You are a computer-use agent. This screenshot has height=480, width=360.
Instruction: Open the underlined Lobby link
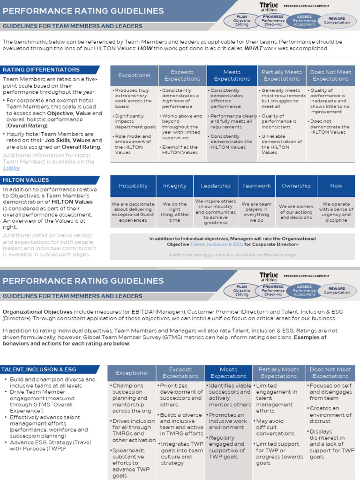pos(12,168)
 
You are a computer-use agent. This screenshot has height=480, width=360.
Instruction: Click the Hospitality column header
pos(133,186)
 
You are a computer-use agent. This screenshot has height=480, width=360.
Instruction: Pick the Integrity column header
pos(174,186)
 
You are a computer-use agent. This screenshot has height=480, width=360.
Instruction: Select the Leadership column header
pos(216,186)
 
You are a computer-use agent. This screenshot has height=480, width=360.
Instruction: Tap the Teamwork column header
pos(256,186)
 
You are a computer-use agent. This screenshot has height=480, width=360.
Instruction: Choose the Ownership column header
pos(296,186)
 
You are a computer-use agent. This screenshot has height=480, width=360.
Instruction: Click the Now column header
pos(336,186)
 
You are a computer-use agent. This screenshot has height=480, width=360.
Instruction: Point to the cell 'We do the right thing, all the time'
pos(174,212)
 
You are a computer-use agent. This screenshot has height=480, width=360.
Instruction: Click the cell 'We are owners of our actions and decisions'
pos(296,212)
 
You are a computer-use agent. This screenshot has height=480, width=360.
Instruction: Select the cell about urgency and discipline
pos(336,212)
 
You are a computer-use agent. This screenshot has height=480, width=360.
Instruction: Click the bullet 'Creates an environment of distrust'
pos(331,415)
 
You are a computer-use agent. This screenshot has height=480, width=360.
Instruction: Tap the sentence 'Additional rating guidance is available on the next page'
pos(232,255)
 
